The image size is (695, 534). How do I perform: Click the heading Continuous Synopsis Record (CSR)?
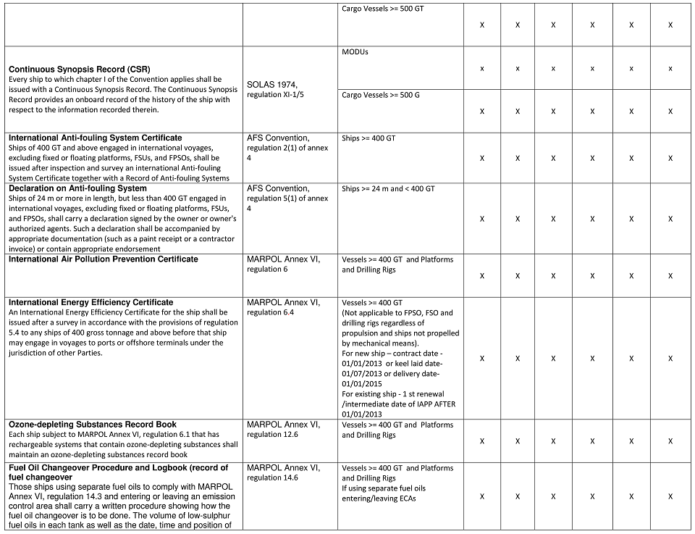(80, 69)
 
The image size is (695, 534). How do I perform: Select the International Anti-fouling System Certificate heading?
(96, 138)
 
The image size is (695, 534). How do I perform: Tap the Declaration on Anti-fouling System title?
(77, 188)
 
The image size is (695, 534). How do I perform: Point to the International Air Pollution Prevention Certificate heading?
(103, 259)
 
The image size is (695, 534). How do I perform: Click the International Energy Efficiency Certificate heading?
(91, 302)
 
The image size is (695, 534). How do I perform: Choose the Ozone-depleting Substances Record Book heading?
(93, 425)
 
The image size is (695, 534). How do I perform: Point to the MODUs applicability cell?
(355, 52)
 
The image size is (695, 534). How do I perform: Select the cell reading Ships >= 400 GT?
(368, 138)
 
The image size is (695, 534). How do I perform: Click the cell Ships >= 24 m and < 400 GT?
(388, 188)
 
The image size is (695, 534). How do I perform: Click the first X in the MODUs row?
(482, 68)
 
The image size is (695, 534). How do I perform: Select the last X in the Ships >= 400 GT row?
(670, 158)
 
